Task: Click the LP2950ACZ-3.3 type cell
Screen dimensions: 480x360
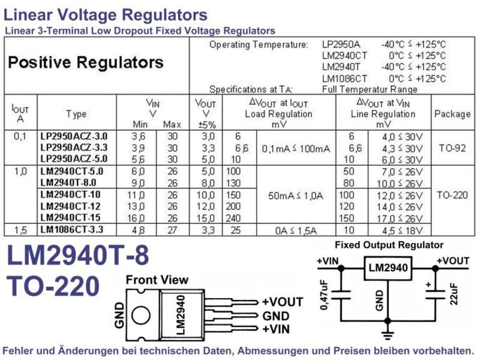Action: (74, 148)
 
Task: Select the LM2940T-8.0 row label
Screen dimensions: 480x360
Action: (68, 182)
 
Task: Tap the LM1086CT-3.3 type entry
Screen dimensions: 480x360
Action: (71, 229)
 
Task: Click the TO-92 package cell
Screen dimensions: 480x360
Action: (452, 148)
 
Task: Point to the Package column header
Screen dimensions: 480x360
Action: (452, 114)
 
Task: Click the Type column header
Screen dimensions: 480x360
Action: (77, 114)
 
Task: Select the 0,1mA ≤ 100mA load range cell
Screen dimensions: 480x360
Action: (296, 149)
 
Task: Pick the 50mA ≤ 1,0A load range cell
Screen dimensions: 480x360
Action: (296, 196)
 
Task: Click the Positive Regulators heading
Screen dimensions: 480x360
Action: (86, 62)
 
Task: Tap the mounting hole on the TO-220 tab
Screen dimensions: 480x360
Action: (141, 316)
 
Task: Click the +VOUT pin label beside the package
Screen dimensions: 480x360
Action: (283, 302)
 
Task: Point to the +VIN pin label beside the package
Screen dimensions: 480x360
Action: (276, 329)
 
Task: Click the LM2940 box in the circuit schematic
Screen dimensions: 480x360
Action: (388, 268)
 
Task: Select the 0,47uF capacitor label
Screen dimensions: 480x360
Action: (325, 295)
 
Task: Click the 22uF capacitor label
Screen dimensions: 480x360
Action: (454, 294)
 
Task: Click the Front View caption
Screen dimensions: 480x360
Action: (157, 280)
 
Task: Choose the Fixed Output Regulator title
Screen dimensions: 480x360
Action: (389, 245)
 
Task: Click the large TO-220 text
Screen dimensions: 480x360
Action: (53, 286)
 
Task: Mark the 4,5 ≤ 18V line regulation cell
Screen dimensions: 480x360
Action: (402, 230)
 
